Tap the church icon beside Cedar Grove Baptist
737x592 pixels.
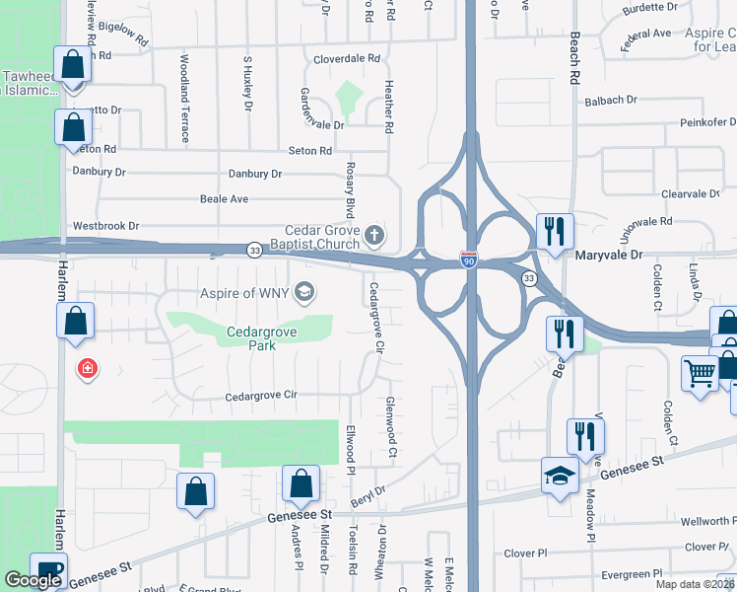point(373,236)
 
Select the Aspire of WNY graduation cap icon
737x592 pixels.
point(304,290)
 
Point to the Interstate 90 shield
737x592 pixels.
point(470,260)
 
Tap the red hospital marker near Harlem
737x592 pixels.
point(88,369)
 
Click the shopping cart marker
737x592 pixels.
point(700,373)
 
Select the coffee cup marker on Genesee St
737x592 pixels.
point(47,568)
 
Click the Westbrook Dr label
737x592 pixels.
point(106,226)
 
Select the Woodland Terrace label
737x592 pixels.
point(184,99)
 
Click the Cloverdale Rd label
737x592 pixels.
point(346,59)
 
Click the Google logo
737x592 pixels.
point(33,580)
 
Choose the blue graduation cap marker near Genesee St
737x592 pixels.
point(560,476)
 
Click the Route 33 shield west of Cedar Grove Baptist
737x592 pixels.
point(254,251)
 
